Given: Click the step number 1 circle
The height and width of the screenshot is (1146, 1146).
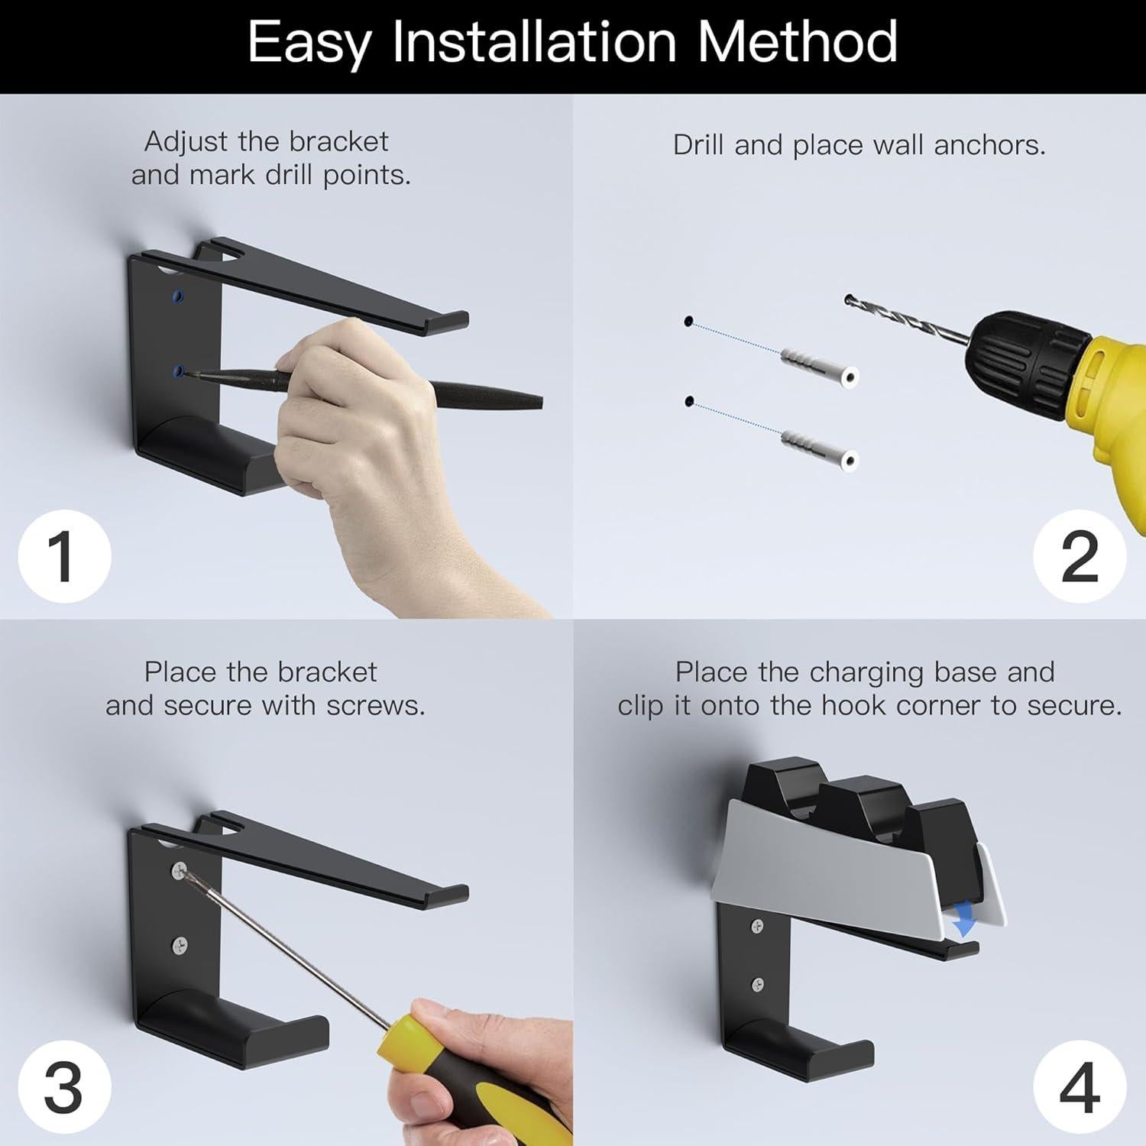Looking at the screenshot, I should click(x=65, y=555).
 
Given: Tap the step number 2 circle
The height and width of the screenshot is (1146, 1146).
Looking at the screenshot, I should click(x=1080, y=555).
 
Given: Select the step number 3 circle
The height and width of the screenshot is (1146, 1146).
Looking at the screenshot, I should click(x=65, y=1086).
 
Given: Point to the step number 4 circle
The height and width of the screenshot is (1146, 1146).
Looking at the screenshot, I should click(x=1080, y=1086).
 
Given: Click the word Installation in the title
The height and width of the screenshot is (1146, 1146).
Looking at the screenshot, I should click(x=535, y=42).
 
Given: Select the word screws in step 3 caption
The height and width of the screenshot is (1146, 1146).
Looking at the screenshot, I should click(x=375, y=705).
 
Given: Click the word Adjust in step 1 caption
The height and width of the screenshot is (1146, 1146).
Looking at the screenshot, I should click(x=186, y=142).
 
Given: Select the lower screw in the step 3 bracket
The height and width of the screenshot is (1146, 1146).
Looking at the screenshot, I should click(x=180, y=945).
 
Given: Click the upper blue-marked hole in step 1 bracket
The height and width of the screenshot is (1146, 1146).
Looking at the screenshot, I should click(x=178, y=296).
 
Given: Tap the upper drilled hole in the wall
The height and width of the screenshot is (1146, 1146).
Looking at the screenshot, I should click(x=688, y=322).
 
